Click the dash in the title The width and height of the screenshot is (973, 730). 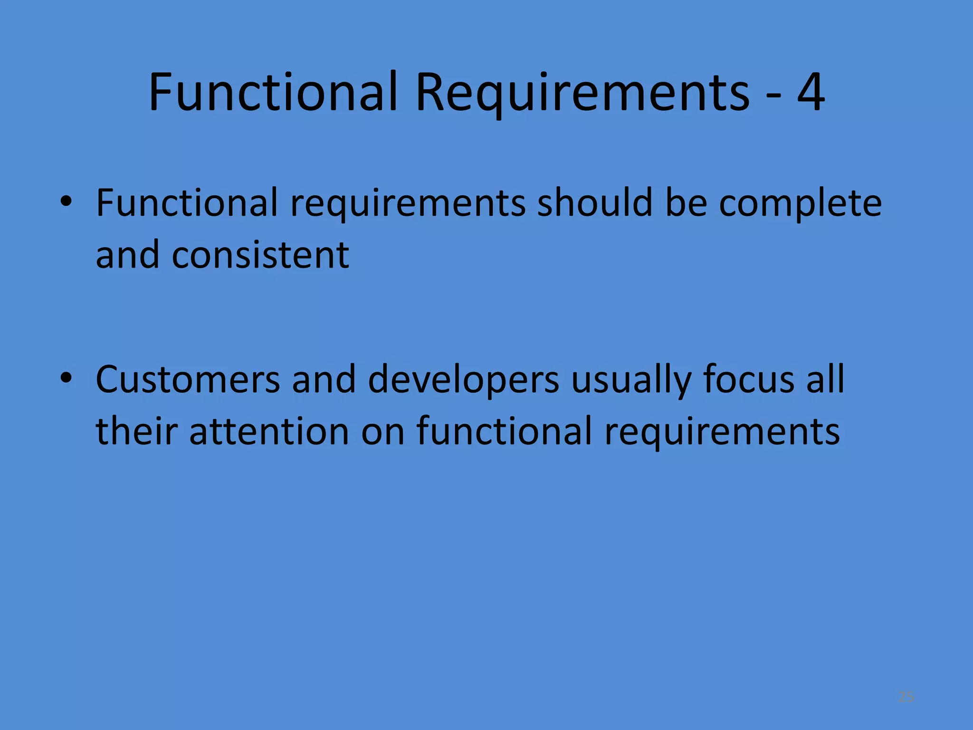pyautogui.click(x=773, y=95)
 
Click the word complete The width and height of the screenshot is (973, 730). pyautogui.click(x=800, y=203)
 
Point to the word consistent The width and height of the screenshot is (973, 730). pyautogui.click(x=260, y=255)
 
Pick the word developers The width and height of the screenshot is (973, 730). pyautogui.click(x=463, y=380)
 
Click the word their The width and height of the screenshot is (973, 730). pyautogui.click(x=136, y=431)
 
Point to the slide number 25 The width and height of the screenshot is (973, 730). pyautogui.click(x=906, y=697)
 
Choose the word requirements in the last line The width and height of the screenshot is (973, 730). pyautogui.click(x=722, y=432)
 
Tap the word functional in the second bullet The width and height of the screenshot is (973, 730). pyautogui.click(x=504, y=431)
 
